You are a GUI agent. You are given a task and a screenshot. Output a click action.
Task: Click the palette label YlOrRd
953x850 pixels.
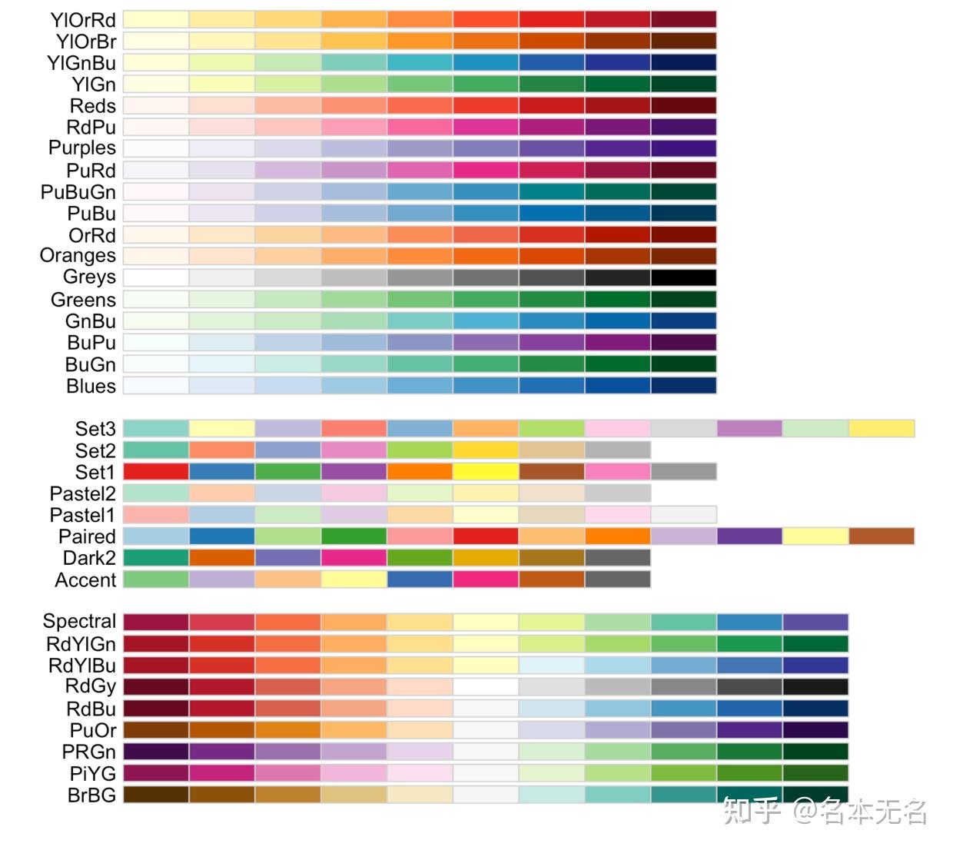(x=82, y=20)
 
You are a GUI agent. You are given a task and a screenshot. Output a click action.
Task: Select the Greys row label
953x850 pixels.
(x=89, y=277)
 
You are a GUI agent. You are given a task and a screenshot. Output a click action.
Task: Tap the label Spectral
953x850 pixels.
(x=79, y=622)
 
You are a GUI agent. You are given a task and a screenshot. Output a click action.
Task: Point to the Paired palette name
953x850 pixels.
(x=87, y=536)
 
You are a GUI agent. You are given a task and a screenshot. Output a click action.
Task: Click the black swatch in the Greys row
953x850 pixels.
(x=683, y=277)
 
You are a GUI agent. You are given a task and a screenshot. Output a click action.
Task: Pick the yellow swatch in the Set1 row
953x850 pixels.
(x=486, y=472)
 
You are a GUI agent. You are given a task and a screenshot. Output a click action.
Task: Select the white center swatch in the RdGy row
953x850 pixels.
(x=486, y=687)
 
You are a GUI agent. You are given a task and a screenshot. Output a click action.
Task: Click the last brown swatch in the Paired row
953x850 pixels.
(x=882, y=536)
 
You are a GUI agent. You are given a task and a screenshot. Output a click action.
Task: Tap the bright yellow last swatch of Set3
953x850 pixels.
(x=882, y=429)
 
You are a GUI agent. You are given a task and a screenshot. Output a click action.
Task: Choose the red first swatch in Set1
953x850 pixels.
(x=156, y=472)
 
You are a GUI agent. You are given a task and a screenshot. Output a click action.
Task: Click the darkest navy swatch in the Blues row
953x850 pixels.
(x=683, y=386)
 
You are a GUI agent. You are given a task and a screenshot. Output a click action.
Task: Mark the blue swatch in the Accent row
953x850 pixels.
(x=420, y=579)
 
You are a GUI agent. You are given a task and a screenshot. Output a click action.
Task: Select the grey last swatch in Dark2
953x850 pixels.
(x=617, y=558)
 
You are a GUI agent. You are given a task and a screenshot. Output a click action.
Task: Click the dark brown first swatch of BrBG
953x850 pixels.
(x=156, y=795)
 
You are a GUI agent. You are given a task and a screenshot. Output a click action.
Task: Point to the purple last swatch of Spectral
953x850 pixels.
(x=815, y=622)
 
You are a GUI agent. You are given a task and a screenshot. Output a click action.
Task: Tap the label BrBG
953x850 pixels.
(x=91, y=795)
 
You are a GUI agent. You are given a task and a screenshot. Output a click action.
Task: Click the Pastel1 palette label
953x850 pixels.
(x=82, y=515)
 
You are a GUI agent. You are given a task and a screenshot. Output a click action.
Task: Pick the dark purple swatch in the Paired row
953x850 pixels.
(x=749, y=536)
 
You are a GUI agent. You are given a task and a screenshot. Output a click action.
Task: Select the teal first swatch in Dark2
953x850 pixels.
(x=156, y=558)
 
